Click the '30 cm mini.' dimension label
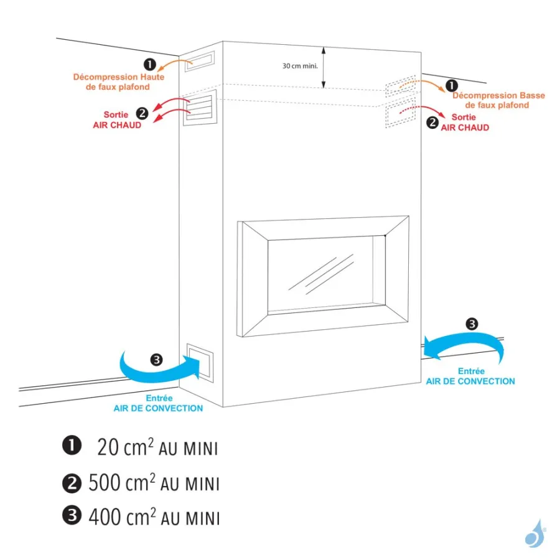point(301,65)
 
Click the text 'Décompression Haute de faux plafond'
point(111,82)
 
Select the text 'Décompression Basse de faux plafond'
point(498,100)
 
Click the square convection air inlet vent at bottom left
point(200,362)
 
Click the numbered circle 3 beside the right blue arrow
point(472,324)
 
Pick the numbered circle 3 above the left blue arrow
point(156,359)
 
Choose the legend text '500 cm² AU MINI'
point(154,483)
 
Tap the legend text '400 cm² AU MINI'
point(154,517)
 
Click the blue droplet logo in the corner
point(534,534)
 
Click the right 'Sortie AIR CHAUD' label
point(465,123)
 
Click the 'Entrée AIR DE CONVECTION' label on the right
point(470,376)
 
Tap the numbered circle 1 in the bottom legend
point(72,446)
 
